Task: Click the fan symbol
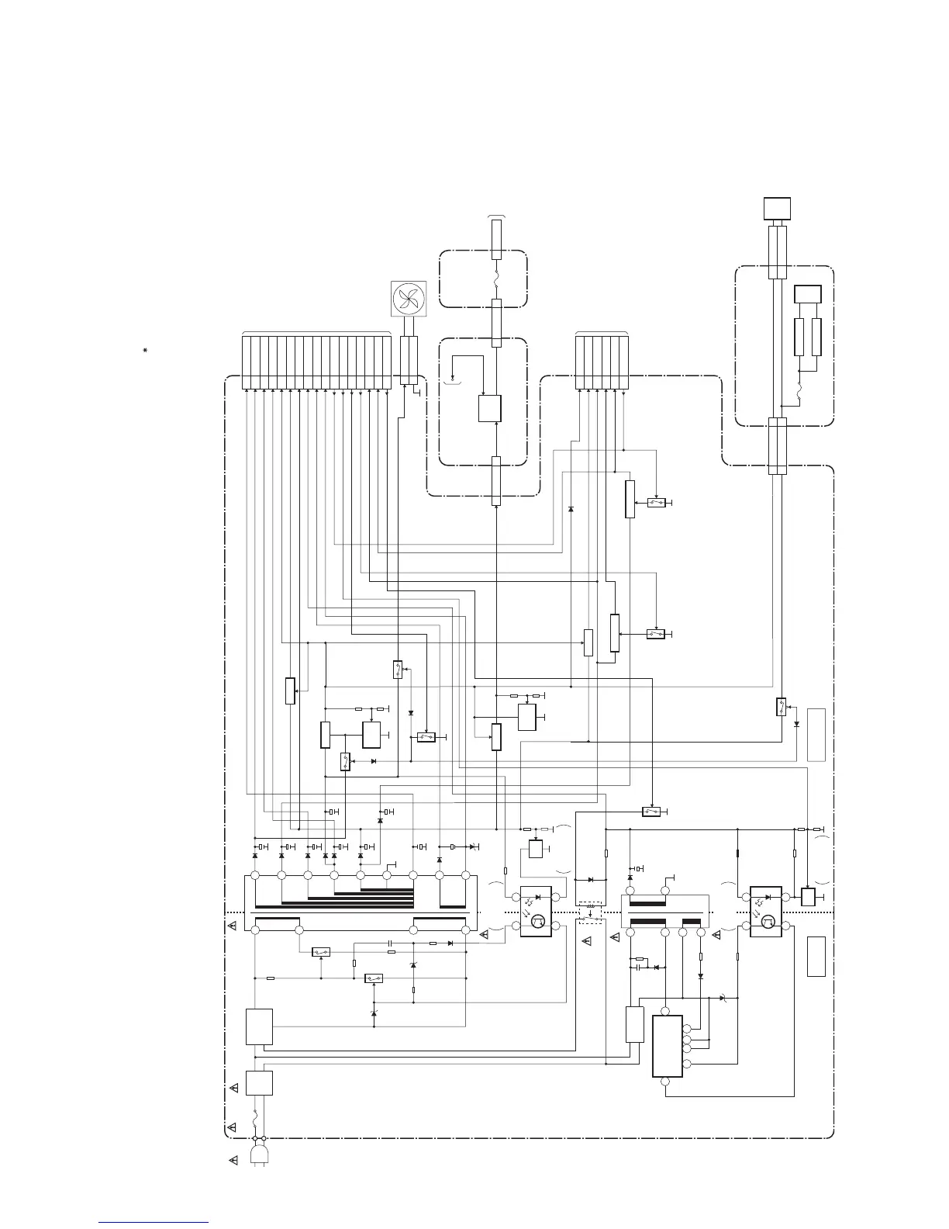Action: (x=409, y=300)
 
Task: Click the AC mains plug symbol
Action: (x=259, y=1154)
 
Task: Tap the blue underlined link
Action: (x=154, y=1224)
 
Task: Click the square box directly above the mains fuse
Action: (x=259, y=1082)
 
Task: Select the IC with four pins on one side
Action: (x=668, y=1046)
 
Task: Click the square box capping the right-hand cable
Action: (x=777, y=209)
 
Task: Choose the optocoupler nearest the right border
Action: (x=765, y=912)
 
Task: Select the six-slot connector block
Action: (x=602, y=362)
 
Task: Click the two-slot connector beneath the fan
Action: (x=409, y=361)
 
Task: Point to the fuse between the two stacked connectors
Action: (x=496, y=279)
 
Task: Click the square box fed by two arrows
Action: (x=489, y=408)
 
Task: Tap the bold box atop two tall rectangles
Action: (x=807, y=296)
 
